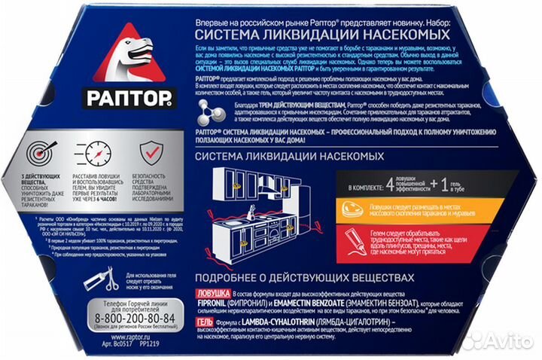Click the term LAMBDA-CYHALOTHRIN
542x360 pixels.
(x=294, y=323)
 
